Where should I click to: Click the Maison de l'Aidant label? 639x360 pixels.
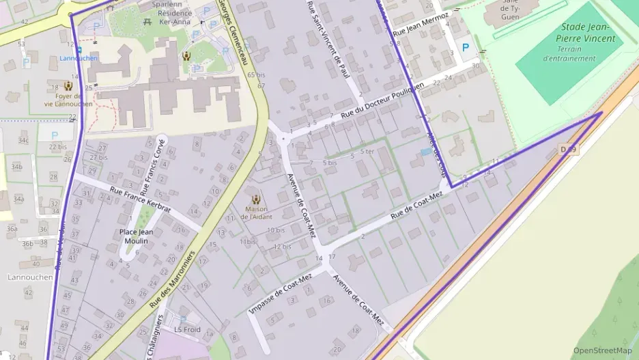click(255, 212)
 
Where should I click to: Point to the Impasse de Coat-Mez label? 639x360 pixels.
click(281, 292)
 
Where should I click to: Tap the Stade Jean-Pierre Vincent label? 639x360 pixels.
click(588, 33)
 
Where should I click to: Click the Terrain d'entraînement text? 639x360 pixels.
click(569, 54)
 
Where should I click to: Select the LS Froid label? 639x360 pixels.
click(187, 329)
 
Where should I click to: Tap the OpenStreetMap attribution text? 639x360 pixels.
click(602, 350)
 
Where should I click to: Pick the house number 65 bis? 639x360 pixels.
click(256, 74)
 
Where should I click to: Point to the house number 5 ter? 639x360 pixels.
click(367, 152)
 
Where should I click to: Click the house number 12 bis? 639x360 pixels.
click(282, 246)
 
